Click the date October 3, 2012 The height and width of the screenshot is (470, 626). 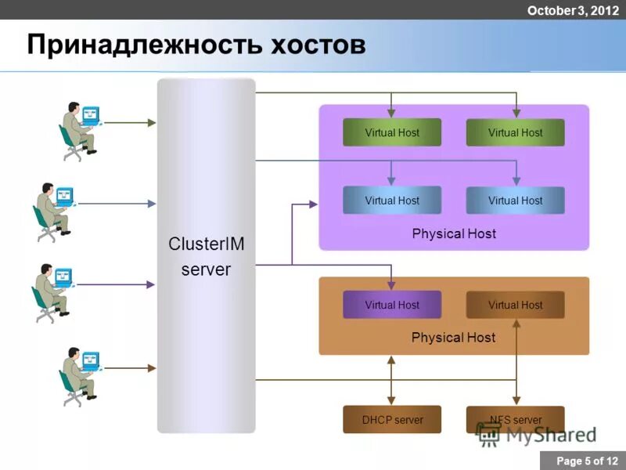pos(573,10)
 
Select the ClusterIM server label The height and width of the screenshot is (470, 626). pos(207,257)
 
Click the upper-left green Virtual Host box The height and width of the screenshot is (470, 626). pos(392,132)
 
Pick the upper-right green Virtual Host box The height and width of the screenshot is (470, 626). pos(515,132)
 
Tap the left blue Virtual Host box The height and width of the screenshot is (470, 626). pos(392,201)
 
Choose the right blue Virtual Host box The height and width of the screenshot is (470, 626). pos(515,201)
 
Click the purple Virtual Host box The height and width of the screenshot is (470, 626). pos(392,305)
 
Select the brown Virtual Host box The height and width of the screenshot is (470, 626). pos(515,305)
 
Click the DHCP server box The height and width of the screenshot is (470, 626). pos(392,420)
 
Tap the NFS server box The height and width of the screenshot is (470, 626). pos(515,420)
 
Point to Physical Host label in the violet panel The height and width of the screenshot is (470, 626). pos(454,233)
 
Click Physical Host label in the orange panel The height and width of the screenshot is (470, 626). pos(454,338)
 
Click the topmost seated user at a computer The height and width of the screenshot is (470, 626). pos(81,129)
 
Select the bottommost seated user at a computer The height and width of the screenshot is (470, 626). pos(81,374)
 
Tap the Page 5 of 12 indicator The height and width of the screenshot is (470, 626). pos(582,461)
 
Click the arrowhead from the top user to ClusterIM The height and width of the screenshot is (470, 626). pos(153,123)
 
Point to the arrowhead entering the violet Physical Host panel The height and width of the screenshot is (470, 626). pos(313,204)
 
